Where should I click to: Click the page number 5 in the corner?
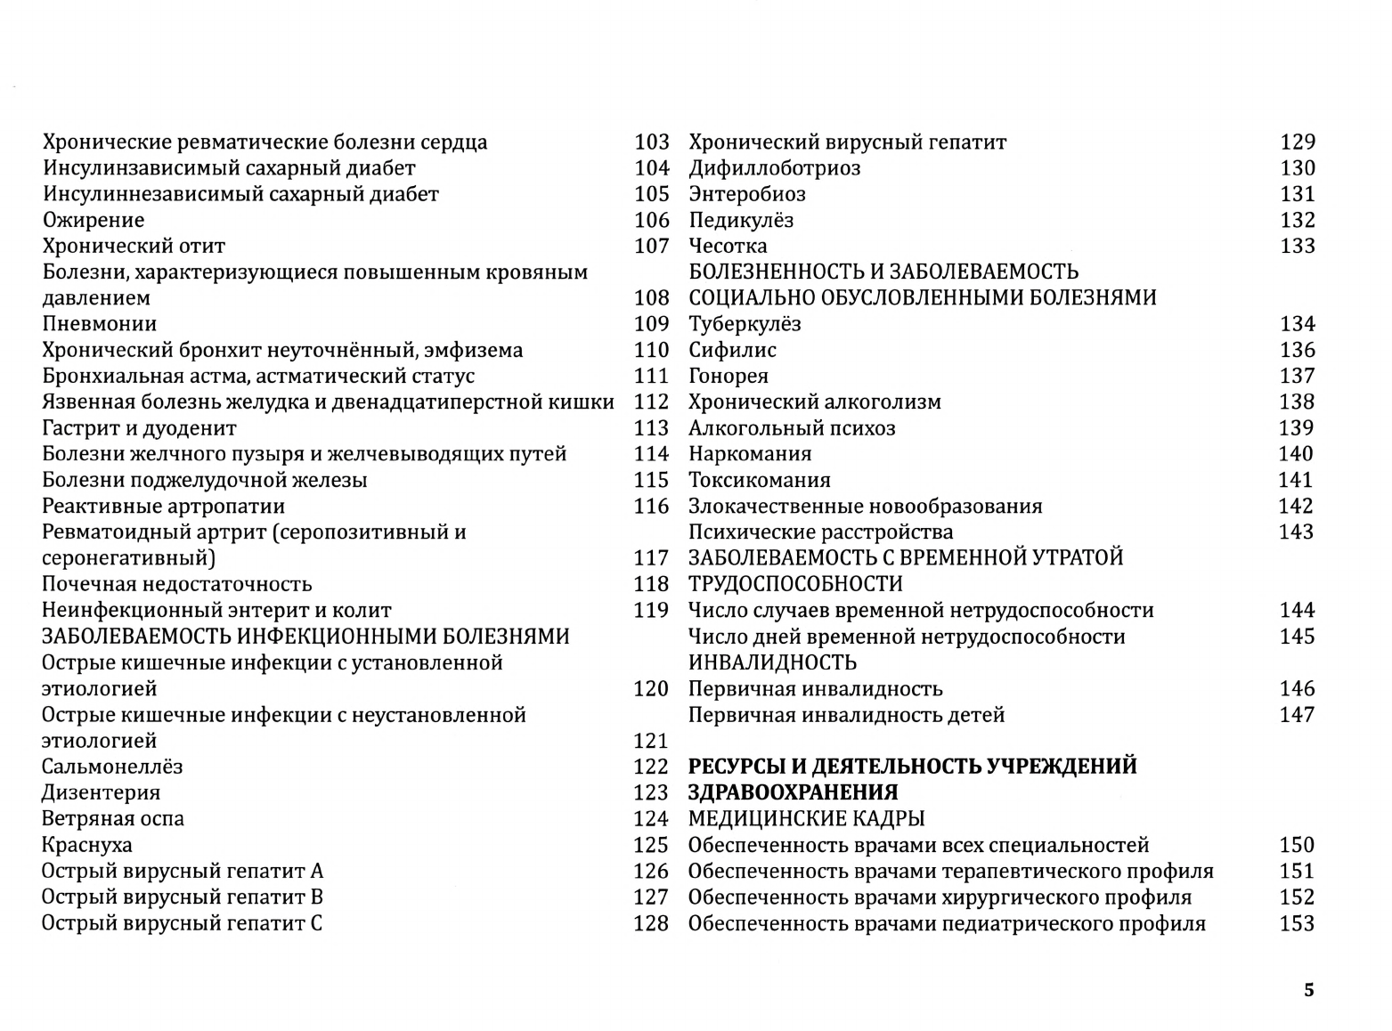(x=1308, y=990)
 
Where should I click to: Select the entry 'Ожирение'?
(x=94, y=220)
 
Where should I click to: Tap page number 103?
(x=651, y=142)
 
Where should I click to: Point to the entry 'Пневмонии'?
(x=100, y=324)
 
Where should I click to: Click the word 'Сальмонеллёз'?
(x=112, y=767)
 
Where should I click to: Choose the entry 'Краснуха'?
(x=87, y=845)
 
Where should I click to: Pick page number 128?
(x=651, y=923)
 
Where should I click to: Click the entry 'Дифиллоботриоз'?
(x=775, y=168)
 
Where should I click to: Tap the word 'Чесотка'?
(x=728, y=246)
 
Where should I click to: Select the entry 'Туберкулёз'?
(x=745, y=324)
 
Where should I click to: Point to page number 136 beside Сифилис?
(x=1297, y=350)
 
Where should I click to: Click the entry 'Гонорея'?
(x=729, y=376)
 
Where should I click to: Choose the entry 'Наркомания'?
(x=750, y=454)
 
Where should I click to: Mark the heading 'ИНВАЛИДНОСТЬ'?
(x=772, y=662)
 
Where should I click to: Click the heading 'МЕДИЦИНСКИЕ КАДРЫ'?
(x=806, y=818)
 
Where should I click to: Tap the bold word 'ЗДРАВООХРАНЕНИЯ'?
(x=793, y=792)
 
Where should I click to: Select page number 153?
(x=1297, y=923)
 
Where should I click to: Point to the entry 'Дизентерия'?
(x=102, y=792)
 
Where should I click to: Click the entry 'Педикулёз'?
(x=741, y=220)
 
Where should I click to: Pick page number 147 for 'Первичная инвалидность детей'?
(x=1297, y=715)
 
